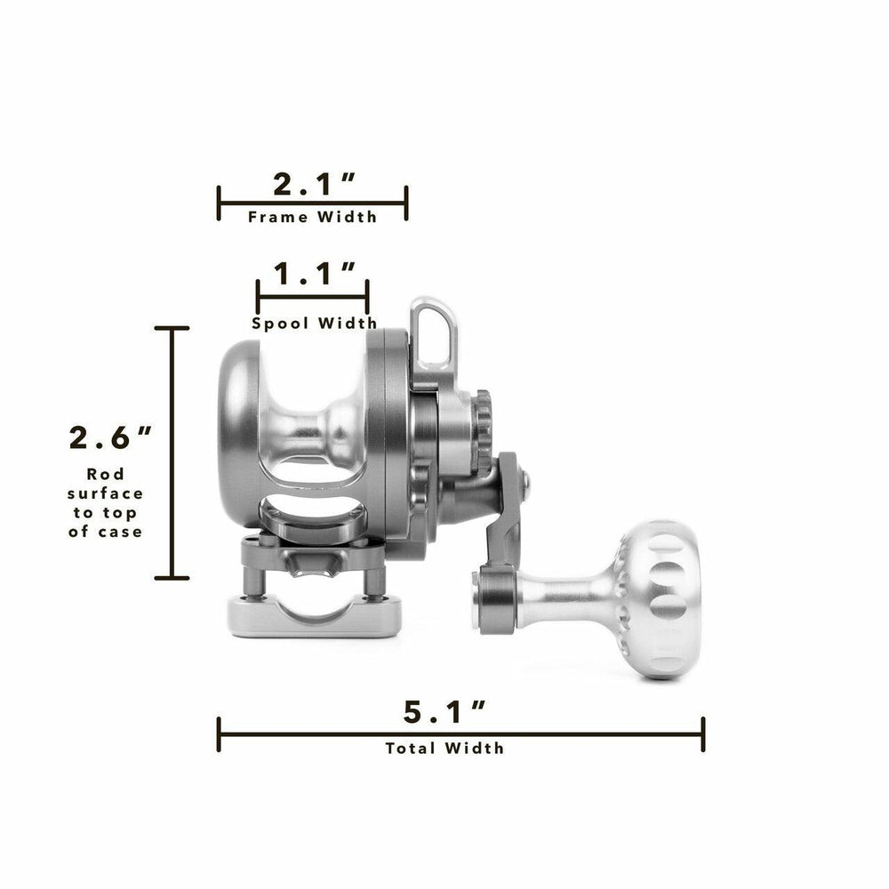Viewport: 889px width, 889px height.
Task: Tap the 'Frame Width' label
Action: click(x=312, y=217)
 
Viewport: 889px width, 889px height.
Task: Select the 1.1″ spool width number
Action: click(x=313, y=274)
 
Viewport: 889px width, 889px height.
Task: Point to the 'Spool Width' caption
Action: click(x=314, y=324)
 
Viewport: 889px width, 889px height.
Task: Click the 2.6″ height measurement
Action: click(x=110, y=438)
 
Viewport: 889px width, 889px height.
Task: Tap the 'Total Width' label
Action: click(x=444, y=748)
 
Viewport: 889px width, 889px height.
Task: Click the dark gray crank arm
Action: click(x=501, y=525)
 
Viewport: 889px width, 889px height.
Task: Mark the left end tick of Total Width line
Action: click(x=219, y=734)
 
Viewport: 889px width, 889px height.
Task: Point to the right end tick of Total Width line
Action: click(x=703, y=734)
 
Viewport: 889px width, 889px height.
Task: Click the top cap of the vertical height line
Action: click(x=172, y=328)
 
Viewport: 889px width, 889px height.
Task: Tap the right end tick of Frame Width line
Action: click(x=406, y=203)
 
